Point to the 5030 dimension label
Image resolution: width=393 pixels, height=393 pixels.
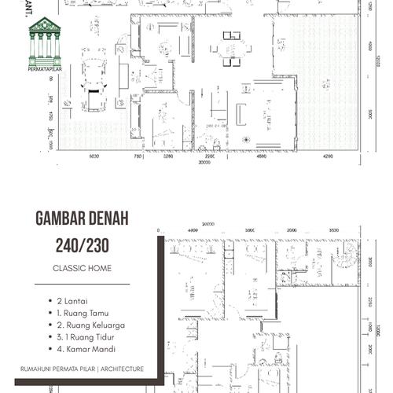click(94, 156)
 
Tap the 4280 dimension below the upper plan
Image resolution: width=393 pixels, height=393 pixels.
click(327, 156)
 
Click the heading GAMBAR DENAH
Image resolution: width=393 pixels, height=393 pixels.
click(81, 218)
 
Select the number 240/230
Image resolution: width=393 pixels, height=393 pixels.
click(81, 244)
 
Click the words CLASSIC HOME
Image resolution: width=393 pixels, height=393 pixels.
click(81, 268)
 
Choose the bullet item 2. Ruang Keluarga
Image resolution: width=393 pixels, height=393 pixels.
click(90, 325)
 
